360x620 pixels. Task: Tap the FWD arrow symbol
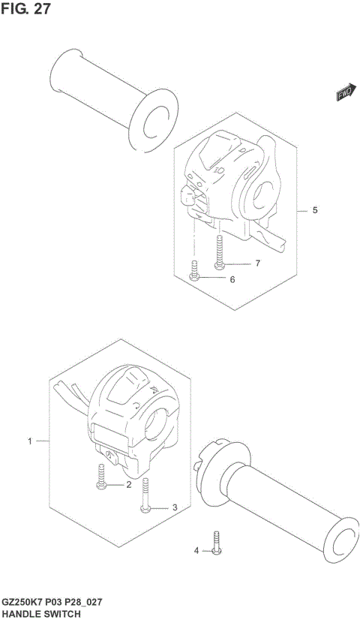(343, 93)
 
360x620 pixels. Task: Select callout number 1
(31, 441)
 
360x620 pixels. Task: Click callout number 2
(128, 485)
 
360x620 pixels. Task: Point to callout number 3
(174, 508)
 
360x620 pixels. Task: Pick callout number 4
(197, 550)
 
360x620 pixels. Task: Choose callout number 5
(314, 210)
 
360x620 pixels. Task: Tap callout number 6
(232, 279)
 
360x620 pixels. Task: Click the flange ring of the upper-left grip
(154, 119)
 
